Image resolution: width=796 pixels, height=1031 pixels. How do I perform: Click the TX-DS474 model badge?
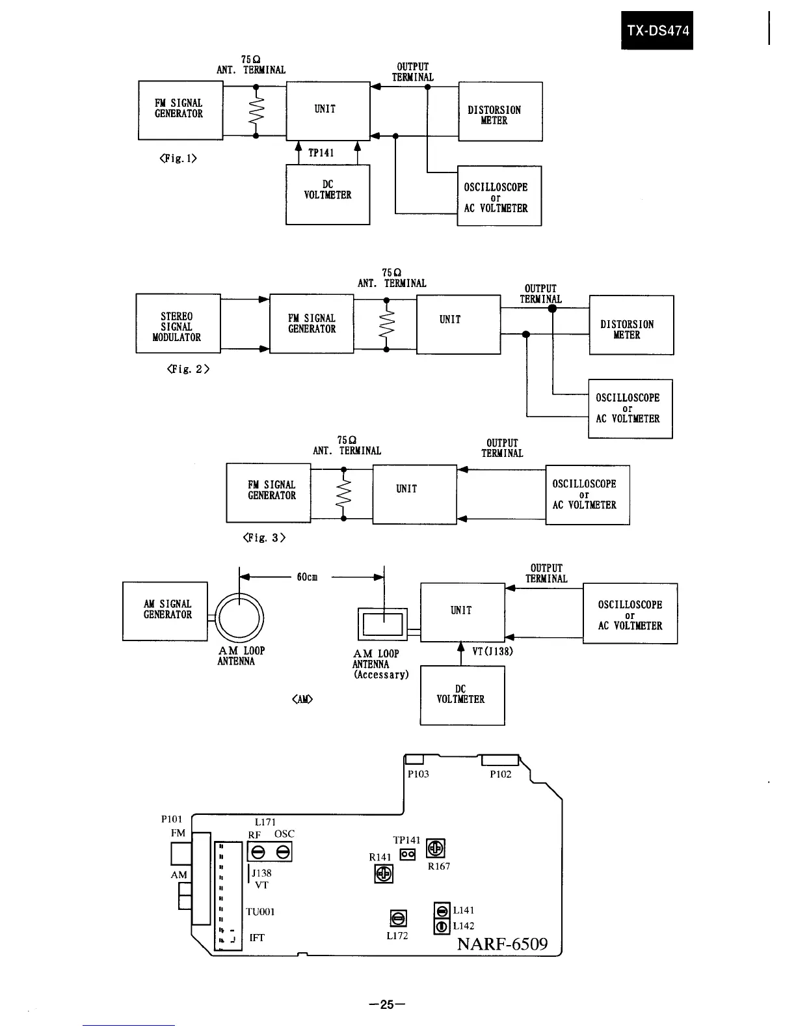point(657,30)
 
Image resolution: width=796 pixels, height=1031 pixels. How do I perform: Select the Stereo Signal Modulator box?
point(178,323)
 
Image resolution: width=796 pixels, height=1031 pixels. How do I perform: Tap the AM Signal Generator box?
point(165,611)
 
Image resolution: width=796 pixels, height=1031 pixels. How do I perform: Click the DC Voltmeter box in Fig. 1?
point(328,194)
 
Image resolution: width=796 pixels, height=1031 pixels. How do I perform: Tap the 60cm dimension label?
point(307,577)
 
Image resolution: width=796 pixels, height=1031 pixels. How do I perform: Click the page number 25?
point(387,1004)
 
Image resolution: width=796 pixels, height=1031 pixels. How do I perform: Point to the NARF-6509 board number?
point(502,943)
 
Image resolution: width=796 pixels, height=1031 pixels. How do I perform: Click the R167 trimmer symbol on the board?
point(436,848)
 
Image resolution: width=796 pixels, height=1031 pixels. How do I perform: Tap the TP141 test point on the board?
point(408,853)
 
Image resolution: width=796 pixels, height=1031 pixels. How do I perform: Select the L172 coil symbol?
point(398,918)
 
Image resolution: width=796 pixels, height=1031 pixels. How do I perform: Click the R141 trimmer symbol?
point(384,874)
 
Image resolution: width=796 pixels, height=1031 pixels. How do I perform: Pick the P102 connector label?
point(500,775)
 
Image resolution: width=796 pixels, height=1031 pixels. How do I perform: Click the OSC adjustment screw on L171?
point(283,851)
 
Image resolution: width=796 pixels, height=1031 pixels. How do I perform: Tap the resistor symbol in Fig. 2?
point(387,325)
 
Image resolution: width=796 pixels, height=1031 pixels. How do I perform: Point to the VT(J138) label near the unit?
point(492,651)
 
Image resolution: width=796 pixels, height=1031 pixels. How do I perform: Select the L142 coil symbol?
point(442,926)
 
